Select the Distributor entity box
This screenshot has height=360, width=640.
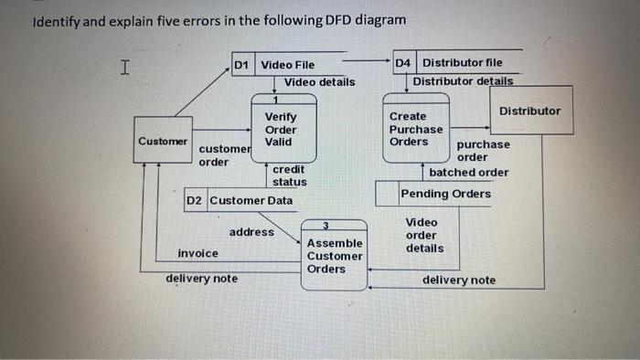(530, 111)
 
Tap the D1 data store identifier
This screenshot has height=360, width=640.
(241, 65)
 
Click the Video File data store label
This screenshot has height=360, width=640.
(287, 65)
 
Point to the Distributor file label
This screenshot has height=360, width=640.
(462, 63)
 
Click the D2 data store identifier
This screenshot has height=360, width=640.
(196, 200)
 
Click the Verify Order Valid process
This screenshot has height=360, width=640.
(280, 130)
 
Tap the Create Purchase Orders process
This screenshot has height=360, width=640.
(415, 130)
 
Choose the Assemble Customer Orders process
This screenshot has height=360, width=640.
(334, 255)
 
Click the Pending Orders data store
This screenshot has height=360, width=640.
(444, 194)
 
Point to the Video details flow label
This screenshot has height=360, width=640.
(319, 82)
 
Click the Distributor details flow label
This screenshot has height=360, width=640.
(462, 81)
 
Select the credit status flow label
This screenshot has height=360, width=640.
(289, 175)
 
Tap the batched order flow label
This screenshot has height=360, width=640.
(468, 172)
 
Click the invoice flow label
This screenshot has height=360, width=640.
(198, 253)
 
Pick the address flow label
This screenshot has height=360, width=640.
(251, 232)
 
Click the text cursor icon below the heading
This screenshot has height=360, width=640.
(125, 66)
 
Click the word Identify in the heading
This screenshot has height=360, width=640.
(58, 20)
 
